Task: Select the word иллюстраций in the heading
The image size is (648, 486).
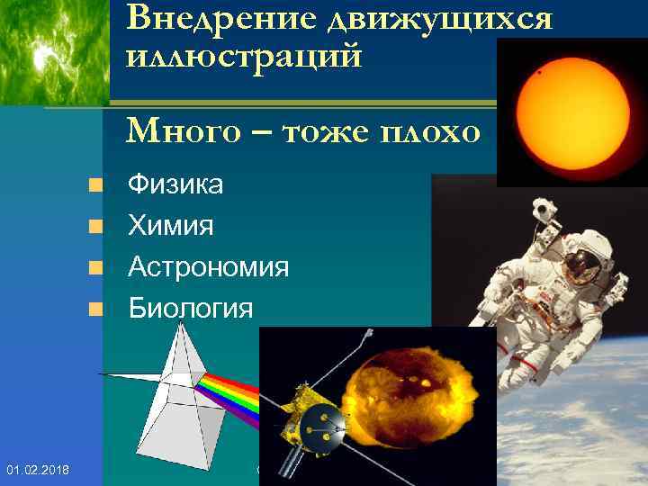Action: coord(245,57)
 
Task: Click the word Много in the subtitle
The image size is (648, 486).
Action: coord(184,131)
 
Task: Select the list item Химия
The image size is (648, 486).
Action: coord(171,226)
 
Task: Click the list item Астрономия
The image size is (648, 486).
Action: coord(208,267)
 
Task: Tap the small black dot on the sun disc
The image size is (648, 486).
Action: coord(539,71)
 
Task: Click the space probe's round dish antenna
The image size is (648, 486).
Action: coord(321,424)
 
